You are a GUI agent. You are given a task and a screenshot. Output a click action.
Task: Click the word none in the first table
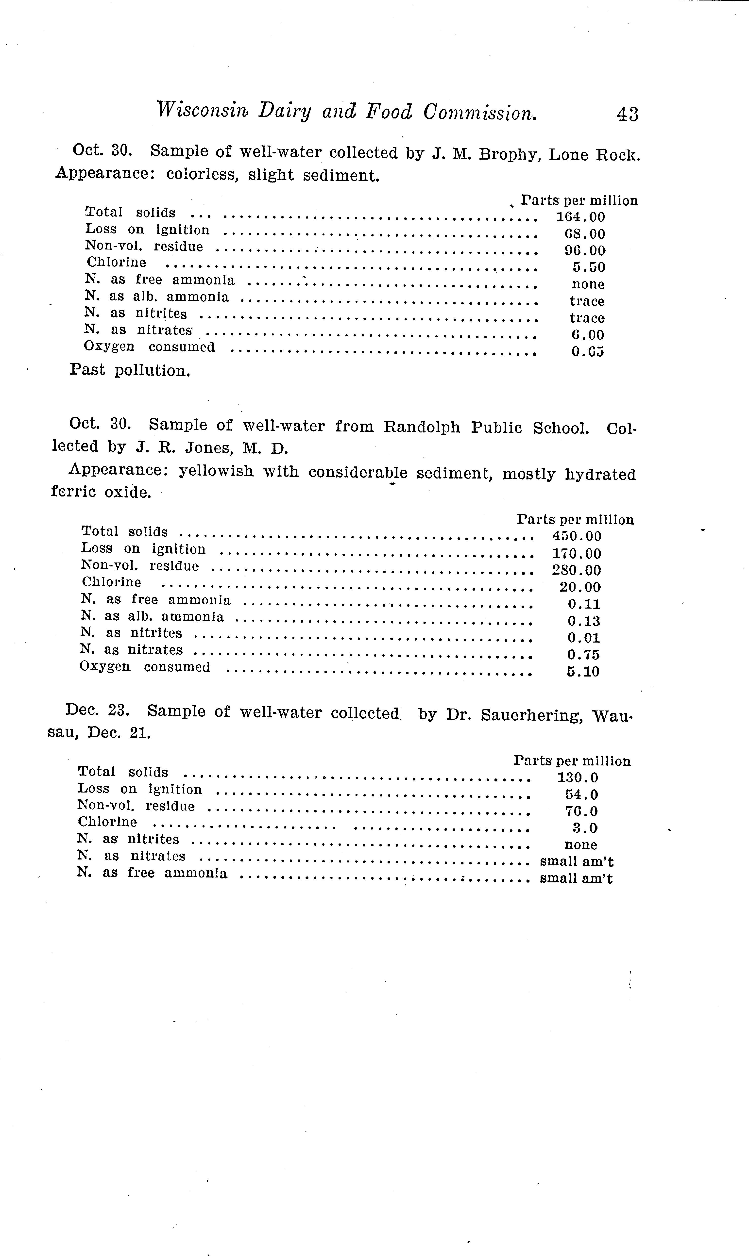click(588, 284)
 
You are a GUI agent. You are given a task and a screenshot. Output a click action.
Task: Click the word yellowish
click(217, 472)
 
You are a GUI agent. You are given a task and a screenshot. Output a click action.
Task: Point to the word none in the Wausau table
click(580, 845)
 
